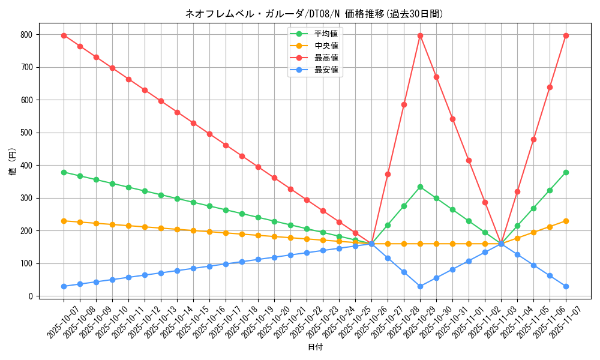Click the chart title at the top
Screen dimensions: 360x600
[314, 13]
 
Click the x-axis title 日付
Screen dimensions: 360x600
[314, 347]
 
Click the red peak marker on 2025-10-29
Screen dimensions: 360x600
[420, 35]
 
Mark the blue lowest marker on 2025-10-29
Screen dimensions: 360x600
[420, 286]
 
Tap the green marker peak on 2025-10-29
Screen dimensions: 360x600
[420, 187]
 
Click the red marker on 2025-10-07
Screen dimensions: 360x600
[64, 35]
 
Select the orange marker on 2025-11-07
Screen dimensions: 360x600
[566, 221]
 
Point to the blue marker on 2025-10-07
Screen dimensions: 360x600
[64, 286]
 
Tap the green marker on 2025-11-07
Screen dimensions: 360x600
[566, 172]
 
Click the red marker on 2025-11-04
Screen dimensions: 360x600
[517, 191]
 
